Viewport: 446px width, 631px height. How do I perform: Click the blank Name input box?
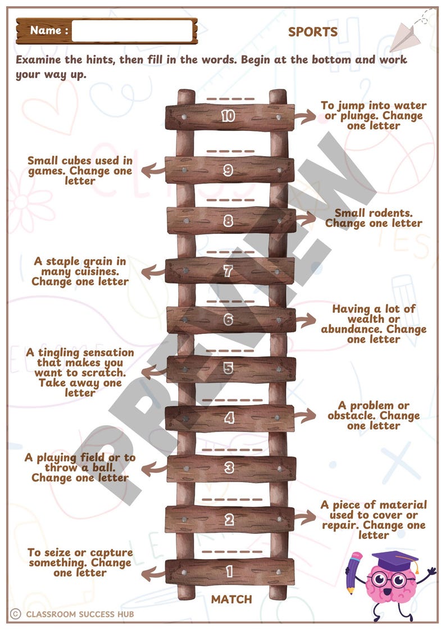[133, 31]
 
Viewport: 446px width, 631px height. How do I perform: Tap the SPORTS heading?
[313, 32]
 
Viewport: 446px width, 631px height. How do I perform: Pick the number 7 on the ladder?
[228, 271]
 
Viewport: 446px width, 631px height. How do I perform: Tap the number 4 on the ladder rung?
[229, 418]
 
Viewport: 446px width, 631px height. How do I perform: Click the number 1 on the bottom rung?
[229, 572]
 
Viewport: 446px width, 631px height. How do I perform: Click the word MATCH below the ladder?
[231, 600]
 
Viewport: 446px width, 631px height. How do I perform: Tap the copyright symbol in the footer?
[15, 614]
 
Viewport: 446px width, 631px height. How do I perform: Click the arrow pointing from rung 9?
[149, 171]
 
